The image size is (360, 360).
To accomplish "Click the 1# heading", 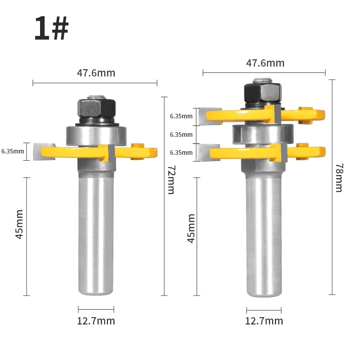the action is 51,28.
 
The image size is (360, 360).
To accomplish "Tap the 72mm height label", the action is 171,180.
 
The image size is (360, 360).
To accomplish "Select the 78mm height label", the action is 339,178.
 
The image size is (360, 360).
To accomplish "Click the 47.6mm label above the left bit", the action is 96,73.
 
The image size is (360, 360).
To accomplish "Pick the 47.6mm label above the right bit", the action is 265,63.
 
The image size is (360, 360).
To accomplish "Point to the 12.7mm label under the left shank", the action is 96,321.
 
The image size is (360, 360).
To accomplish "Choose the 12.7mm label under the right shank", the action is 264,321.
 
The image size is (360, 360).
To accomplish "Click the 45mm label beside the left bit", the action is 19,224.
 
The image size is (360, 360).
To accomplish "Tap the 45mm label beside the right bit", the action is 191,229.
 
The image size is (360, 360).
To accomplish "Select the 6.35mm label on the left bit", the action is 13,151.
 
